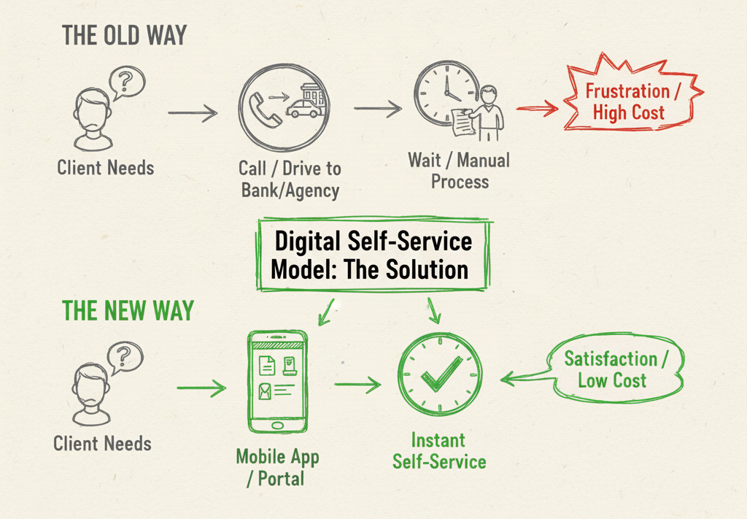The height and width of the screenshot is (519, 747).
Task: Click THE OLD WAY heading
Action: pyautogui.click(x=124, y=35)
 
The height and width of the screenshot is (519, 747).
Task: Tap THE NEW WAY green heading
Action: pyautogui.click(x=128, y=310)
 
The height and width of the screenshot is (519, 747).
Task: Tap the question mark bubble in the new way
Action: pyautogui.click(x=124, y=358)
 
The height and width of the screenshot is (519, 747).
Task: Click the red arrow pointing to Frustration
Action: pyautogui.click(x=537, y=109)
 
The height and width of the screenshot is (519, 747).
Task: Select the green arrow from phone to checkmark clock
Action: pyautogui.click(x=357, y=384)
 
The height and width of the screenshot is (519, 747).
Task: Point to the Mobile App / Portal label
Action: pyautogui.click(x=277, y=468)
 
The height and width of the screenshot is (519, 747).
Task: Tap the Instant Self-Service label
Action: pyautogui.click(x=438, y=451)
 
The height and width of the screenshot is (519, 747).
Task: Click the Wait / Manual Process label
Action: pyautogui.click(x=459, y=170)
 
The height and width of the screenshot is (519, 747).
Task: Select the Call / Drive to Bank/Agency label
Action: pyautogui.click(x=289, y=180)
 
